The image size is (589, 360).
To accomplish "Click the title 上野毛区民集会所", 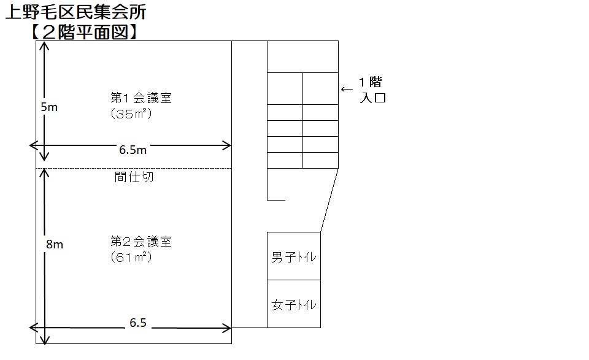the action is point(75,12).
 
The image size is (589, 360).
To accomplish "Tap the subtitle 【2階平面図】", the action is point(84,32).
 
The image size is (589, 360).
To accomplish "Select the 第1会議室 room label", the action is point(141,98).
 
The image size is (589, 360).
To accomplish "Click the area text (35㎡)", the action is point(131,113).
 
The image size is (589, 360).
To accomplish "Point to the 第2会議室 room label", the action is point(141,242).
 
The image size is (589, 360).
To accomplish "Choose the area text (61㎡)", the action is point(131,257).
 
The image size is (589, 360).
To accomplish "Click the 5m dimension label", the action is point(49,107).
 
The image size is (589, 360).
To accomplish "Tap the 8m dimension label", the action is point(55,244).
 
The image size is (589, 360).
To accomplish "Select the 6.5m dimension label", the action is point(133,150).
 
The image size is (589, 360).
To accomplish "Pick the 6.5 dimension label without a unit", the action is point(138,323).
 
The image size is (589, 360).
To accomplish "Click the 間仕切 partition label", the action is point(134,177).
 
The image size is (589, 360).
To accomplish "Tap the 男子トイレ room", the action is point(294,256).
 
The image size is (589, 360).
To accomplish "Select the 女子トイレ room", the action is point(294,304).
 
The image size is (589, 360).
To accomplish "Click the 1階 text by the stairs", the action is point(371,82).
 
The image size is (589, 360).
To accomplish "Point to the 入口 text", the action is point(372,98).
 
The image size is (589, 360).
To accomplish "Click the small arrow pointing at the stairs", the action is point(347,90).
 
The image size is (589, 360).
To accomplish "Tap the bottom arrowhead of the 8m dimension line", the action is point(44,339).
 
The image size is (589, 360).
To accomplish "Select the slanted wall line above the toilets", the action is point(329,200).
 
